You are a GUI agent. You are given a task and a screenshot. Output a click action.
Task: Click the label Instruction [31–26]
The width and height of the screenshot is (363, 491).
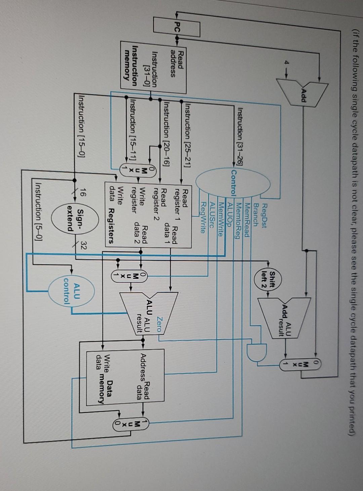[x=241, y=135]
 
